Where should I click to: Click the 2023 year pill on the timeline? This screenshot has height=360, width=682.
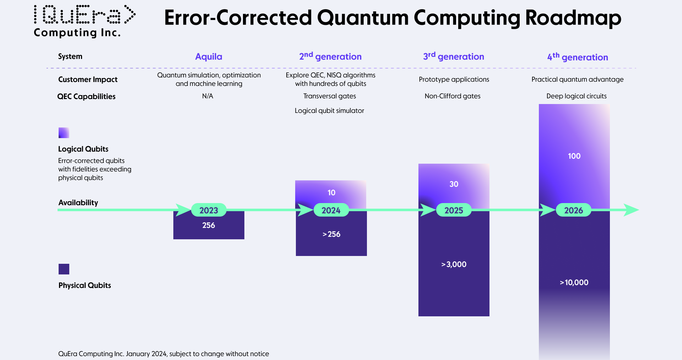(209, 210)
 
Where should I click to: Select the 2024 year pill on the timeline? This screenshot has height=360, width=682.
(331, 210)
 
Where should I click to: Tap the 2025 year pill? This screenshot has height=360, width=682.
(454, 210)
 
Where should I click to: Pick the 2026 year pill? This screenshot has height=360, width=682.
(573, 210)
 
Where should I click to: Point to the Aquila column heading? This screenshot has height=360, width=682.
(209, 57)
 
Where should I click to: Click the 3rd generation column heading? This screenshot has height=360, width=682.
(454, 56)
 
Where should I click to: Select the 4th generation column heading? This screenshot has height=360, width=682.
(578, 57)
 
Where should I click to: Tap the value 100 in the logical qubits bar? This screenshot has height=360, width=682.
(574, 156)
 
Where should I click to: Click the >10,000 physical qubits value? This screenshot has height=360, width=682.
(574, 282)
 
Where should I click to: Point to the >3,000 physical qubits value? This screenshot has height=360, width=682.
(454, 264)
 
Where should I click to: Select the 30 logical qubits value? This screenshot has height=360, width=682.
(454, 184)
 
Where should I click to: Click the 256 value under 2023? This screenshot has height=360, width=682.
(209, 225)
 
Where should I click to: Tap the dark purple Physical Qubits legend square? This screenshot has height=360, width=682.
(64, 269)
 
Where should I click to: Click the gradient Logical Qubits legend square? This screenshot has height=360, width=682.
(64, 133)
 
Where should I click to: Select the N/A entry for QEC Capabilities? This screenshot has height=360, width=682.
(207, 96)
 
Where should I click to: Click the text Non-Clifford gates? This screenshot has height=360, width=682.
(453, 96)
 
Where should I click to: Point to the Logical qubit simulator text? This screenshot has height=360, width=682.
(329, 110)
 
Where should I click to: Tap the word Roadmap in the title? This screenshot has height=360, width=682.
(573, 18)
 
